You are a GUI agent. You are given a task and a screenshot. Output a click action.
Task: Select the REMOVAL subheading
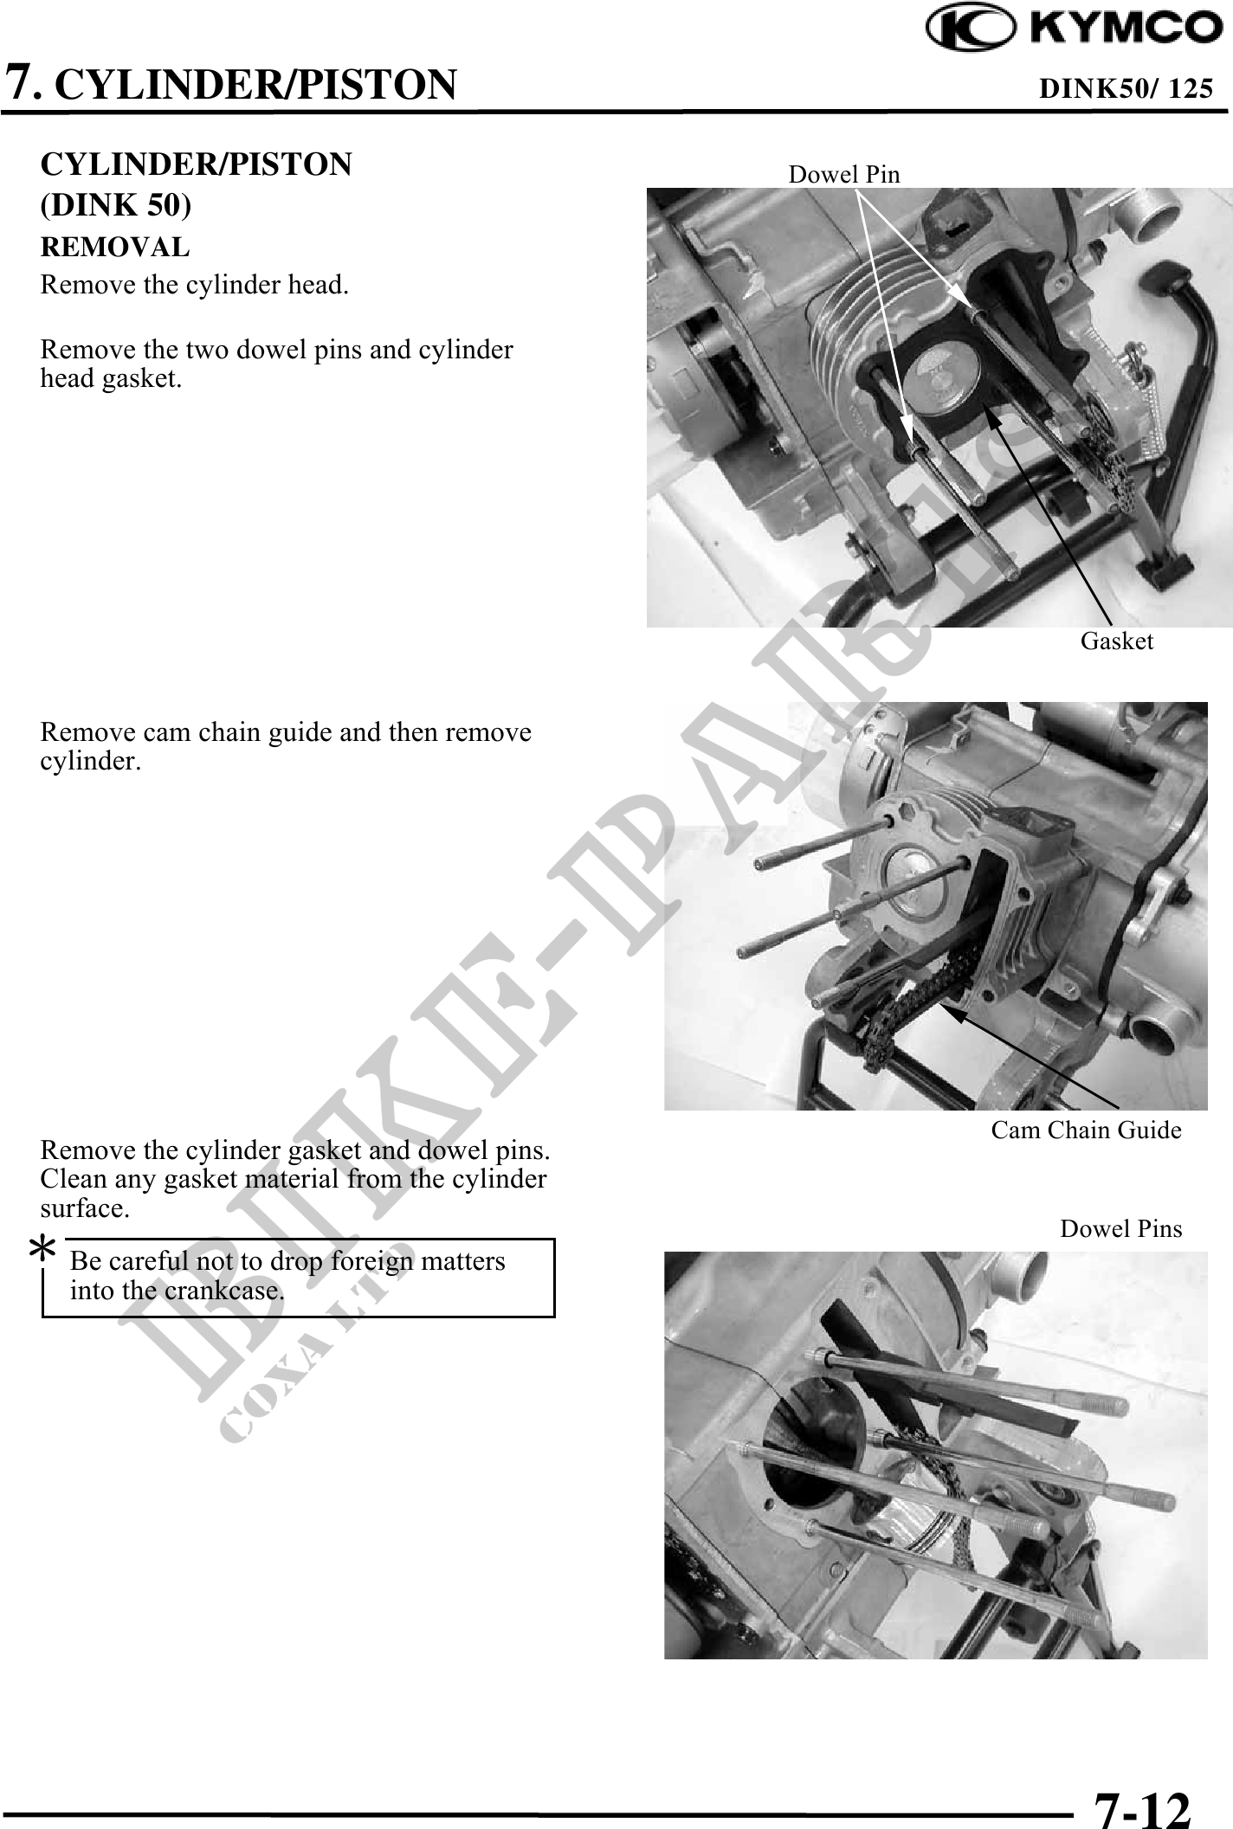(x=115, y=248)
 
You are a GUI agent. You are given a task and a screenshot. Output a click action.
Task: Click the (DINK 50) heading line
(x=116, y=205)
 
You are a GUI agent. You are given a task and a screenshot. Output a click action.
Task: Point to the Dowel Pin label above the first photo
(x=844, y=175)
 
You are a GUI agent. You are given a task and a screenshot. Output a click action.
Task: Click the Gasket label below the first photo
(x=1117, y=641)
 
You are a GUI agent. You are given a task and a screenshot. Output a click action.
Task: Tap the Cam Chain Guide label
(x=1086, y=1130)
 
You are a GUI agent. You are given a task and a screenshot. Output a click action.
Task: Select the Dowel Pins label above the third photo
(x=1121, y=1229)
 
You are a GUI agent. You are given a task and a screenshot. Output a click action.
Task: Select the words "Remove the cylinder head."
(x=195, y=285)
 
